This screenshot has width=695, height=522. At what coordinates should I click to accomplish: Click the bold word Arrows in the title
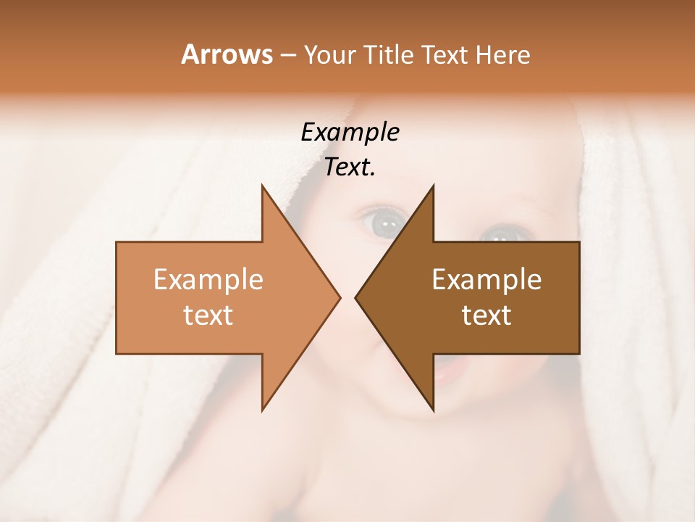point(227,54)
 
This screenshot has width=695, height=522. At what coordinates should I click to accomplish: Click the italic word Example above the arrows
point(350,132)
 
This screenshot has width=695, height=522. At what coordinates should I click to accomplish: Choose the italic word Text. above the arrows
point(350,167)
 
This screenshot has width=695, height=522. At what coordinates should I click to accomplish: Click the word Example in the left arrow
point(208,279)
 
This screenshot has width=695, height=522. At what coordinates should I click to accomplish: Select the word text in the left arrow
point(208,315)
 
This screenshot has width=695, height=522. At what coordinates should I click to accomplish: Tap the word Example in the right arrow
point(486,279)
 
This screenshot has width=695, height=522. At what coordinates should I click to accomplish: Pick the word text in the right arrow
point(486,315)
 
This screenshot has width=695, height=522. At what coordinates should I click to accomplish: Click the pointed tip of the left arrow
point(340,297)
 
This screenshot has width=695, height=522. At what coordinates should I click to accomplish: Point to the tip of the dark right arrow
point(355,297)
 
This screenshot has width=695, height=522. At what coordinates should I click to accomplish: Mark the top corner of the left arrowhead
point(262,185)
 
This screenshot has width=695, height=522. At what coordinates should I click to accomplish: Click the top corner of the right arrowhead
point(433,185)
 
